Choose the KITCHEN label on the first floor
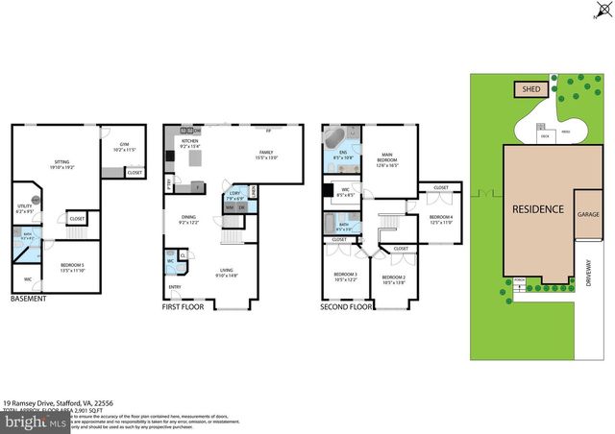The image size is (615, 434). click(190, 141)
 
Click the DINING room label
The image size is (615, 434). click(188, 218)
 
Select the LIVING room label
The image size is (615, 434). click(227, 272)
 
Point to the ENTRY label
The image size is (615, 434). click(175, 286)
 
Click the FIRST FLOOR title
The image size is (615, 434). click(184, 307)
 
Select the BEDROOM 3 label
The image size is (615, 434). click(345, 276)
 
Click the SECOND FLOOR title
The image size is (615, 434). click(347, 307)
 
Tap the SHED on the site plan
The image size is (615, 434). click(530, 89)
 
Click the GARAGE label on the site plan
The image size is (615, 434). click(587, 216)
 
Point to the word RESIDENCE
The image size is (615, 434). click(537, 208)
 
